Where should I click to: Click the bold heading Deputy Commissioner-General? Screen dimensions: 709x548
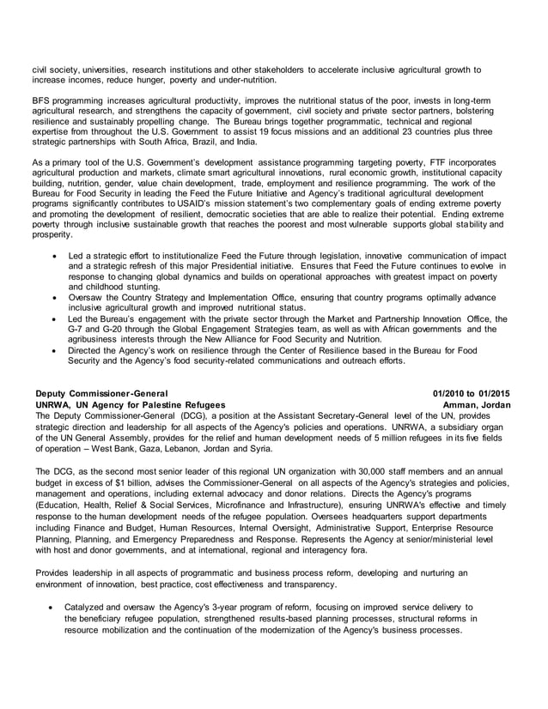95,392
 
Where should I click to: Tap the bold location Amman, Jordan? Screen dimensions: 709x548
477,403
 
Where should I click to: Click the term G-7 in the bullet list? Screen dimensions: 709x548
76,330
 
